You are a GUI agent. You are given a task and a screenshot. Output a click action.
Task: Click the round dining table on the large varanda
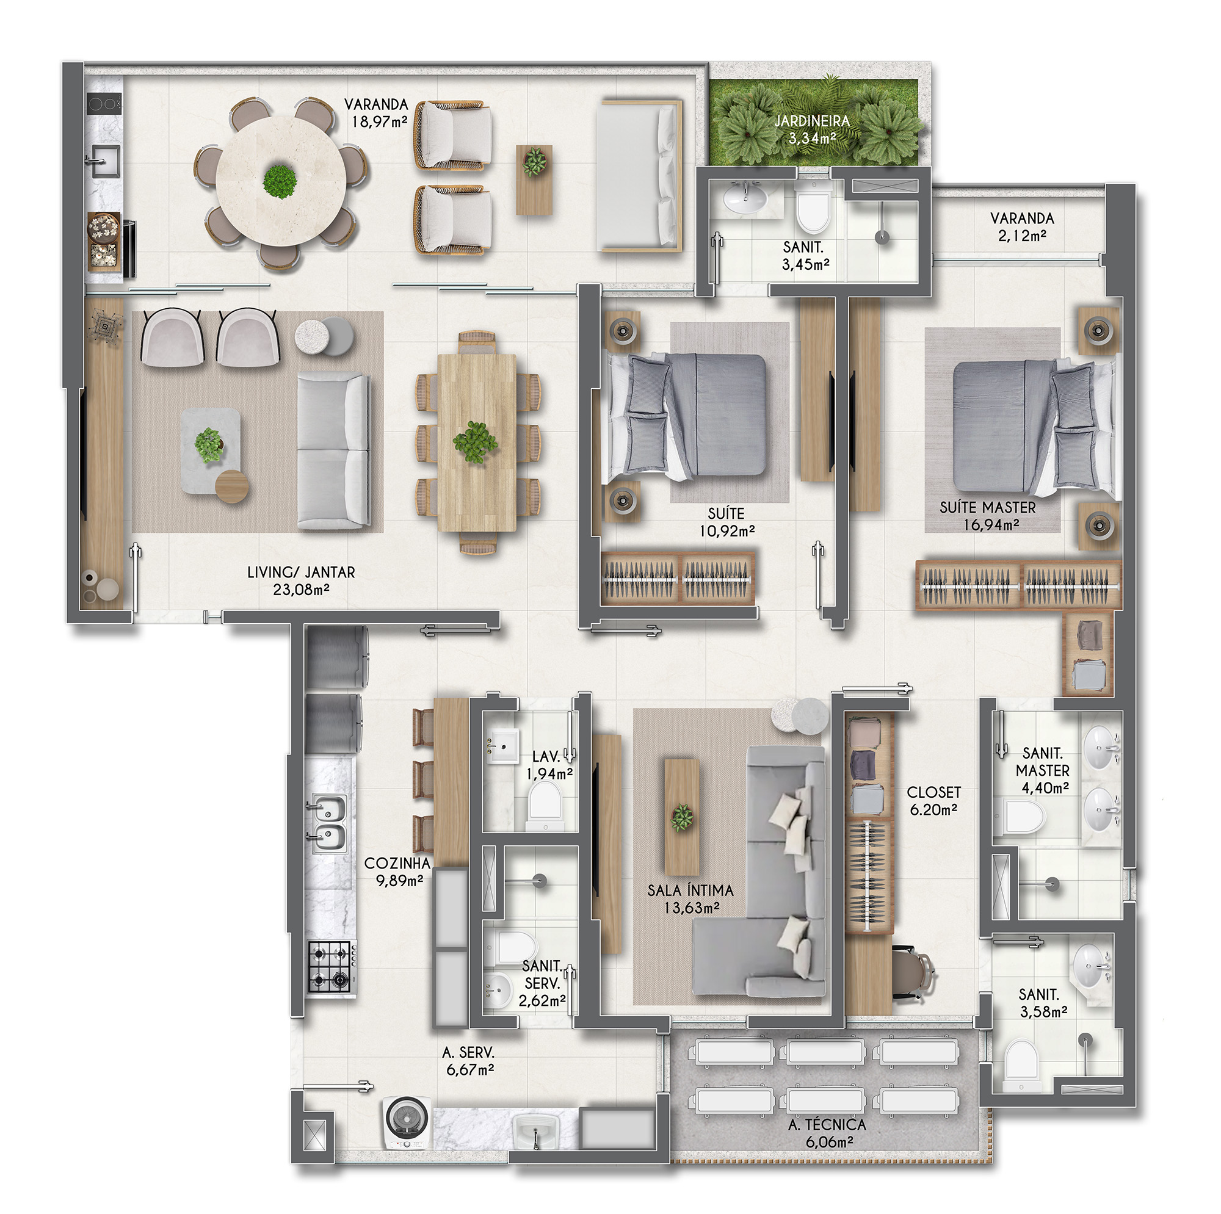(x=281, y=181)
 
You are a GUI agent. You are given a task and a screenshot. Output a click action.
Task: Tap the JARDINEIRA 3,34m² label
(x=812, y=129)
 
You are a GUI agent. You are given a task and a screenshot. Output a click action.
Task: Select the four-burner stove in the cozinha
(x=330, y=966)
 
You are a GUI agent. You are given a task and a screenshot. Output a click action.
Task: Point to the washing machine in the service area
(x=408, y=1122)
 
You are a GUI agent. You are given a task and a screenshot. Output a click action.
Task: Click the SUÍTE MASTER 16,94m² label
(x=988, y=515)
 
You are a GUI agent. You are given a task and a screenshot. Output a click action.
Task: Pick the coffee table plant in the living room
(x=209, y=444)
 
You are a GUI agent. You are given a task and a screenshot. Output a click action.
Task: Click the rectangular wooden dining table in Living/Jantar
(x=477, y=442)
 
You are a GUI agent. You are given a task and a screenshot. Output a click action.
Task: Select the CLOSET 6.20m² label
(x=933, y=800)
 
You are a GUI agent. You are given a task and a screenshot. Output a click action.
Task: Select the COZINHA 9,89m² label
(x=397, y=872)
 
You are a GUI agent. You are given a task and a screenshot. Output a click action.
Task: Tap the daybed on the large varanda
(x=640, y=176)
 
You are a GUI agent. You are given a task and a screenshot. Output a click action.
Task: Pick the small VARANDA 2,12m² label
(x=1022, y=227)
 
